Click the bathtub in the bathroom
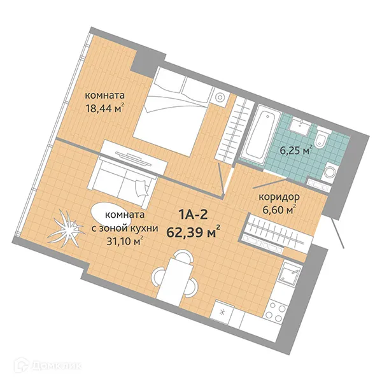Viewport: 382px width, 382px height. (x=260, y=135)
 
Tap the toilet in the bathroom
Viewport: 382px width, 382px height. (x=321, y=137)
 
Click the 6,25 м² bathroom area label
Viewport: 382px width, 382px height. (x=296, y=150)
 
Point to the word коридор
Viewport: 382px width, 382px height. (x=279, y=197)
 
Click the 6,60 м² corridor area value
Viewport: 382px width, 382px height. (x=279, y=209)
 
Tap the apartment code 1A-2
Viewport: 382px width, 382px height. (x=193, y=215)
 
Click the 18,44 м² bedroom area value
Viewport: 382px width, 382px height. (x=105, y=108)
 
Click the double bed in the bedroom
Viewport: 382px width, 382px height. (x=174, y=111)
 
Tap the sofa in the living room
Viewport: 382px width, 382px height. (x=122, y=182)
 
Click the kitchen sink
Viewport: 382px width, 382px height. (x=290, y=273)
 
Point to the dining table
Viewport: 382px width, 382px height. (x=174, y=278)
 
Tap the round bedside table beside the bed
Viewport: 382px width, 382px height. (x=220, y=97)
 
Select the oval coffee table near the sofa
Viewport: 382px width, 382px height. (x=111, y=218)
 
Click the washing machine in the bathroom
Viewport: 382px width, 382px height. (x=330, y=172)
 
